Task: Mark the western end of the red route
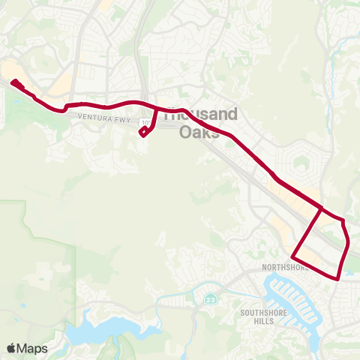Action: tap(13, 82)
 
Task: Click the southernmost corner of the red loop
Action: tap(337, 278)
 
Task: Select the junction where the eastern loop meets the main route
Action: tap(322, 208)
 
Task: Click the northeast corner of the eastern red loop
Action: tap(343, 220)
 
